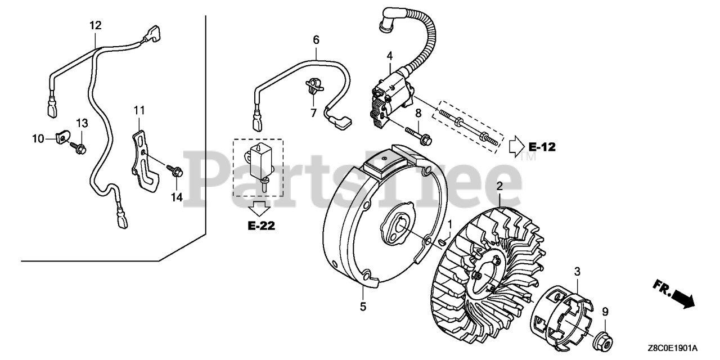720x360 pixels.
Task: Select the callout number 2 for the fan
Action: [499, 186]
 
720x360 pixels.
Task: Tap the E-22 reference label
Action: [260, 226]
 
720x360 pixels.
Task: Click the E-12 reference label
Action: [542, 147]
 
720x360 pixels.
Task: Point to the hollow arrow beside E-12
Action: [516, 147]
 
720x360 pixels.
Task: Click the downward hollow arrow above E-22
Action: [260, 208]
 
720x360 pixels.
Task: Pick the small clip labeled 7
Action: [313, 84]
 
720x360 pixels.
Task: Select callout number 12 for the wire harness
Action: [95, 25]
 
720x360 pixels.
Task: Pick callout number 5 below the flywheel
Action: [363, 306]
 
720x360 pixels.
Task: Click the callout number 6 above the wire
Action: [316, 40]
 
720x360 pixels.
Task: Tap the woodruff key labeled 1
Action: [442, 241]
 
